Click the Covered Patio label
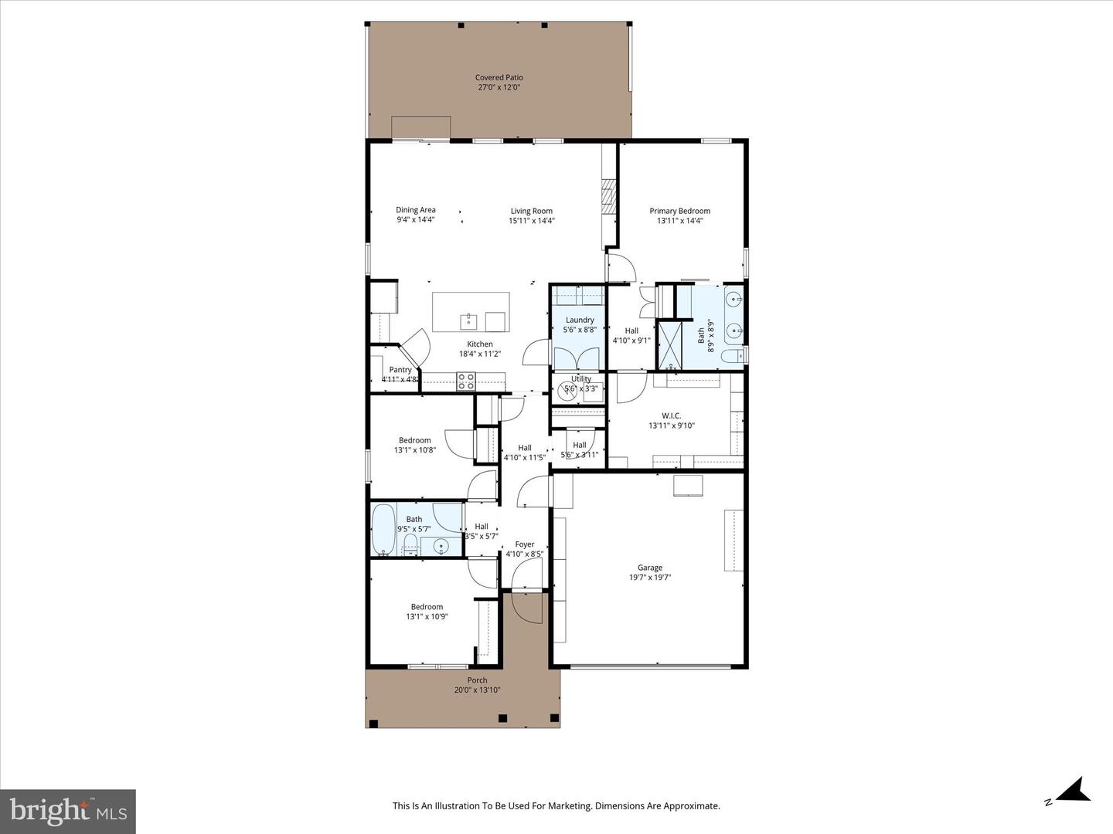(499, 77)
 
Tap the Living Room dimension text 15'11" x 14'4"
(531, 221)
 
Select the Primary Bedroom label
(679, 211)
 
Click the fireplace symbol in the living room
(609, 197)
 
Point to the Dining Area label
(416, 210)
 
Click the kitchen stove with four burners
(466, 381)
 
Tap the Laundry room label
(580, 320)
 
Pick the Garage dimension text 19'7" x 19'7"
(649, 577)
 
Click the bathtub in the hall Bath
(383, 529)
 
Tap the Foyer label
(524, 544)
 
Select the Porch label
(477, 680)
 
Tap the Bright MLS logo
(68, 811)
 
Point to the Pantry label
(400, 370)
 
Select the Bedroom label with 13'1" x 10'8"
(415, 440)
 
